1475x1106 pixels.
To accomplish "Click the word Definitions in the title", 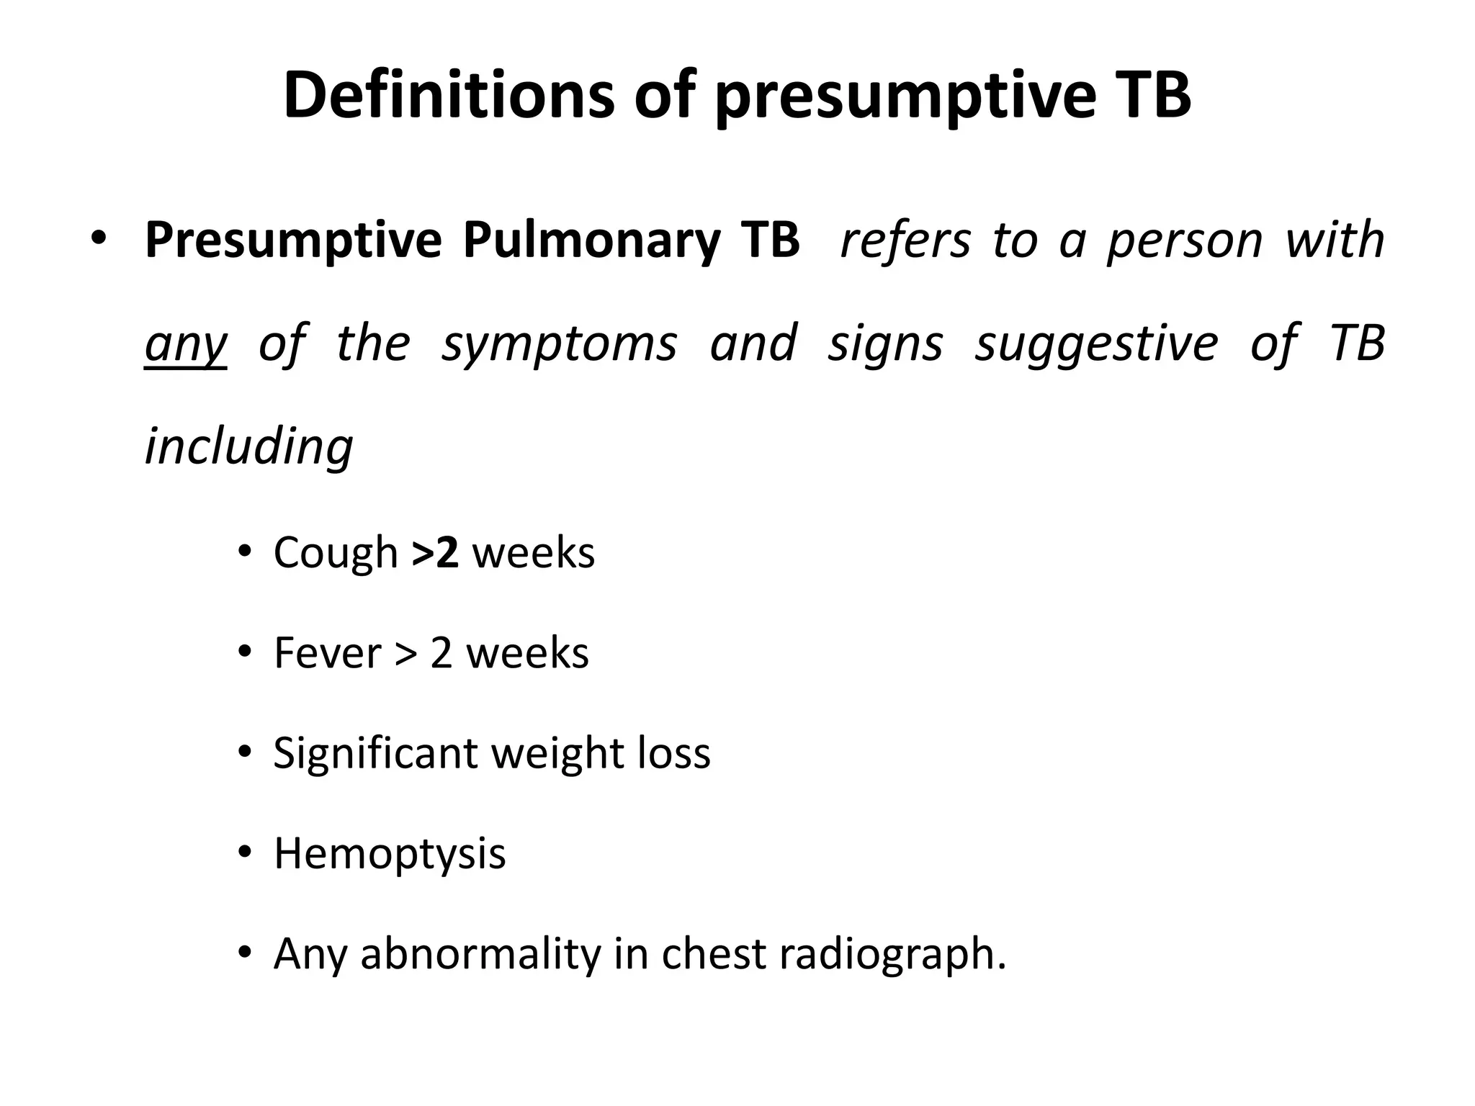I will click(x=449, y=95).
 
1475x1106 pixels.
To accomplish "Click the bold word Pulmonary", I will click(x=591, y=240).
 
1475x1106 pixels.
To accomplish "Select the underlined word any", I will click(x=186, y=343).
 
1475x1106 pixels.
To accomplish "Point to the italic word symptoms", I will click(x=560, y=343).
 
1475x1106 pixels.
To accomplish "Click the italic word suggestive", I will click(x=1096, y=343).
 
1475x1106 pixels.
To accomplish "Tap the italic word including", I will click(x=248, y=446).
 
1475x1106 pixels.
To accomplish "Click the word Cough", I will click(x=336, y=553).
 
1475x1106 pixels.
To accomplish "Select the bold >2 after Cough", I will click(x=435, y=553).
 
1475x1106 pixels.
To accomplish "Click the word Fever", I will click(x=327, y=653).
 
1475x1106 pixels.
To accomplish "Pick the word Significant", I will click(x=375, y=753).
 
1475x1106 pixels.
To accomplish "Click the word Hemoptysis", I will click(x=390, y=854).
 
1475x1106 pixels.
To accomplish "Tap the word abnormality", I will click(x=480, y=954).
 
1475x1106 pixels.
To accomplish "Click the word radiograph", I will click(x=892, y=954).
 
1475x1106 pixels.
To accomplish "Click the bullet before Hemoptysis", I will click(x=246, y=854).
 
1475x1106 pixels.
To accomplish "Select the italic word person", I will click(x=1185, y=240).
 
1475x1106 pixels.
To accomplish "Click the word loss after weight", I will click(x=674, y=753).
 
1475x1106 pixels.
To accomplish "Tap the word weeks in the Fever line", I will click(x=527, y=653).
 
